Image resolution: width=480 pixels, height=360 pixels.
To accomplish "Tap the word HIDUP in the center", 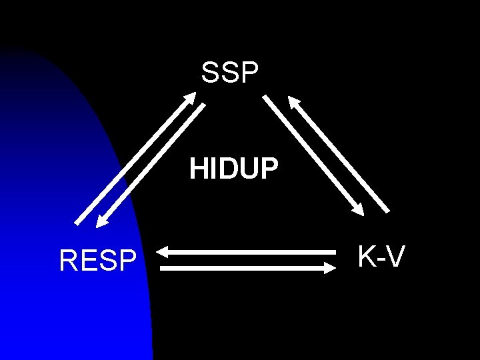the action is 233,169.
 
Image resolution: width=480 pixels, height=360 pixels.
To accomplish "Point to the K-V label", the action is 381,256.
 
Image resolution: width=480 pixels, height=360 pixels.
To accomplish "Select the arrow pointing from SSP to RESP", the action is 152,165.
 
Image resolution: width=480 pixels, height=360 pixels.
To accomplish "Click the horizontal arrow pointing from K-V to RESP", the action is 247,252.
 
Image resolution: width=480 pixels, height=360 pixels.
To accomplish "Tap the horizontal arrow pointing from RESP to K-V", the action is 247,268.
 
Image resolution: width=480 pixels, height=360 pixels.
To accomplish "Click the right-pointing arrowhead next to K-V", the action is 329,268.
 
